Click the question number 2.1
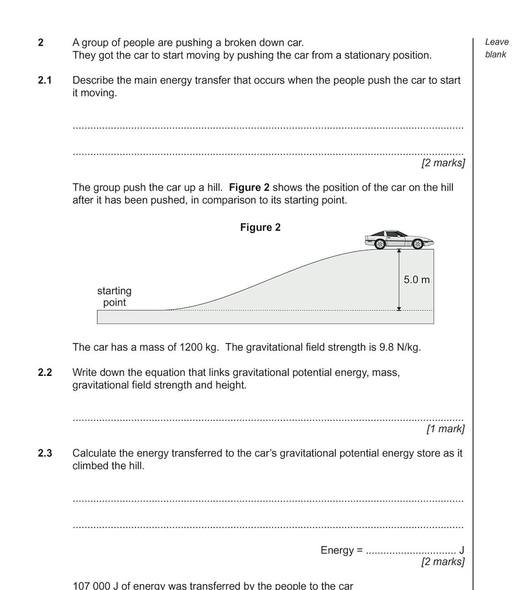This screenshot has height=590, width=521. pyautogui.click(x=45, y=80)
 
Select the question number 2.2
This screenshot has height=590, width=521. pyautogui.click(x=45, y=373)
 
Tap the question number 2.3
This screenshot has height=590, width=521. pyautogui.click(x=45, y=454)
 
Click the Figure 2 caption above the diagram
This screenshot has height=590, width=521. pyautogui.click(x=260, y=228)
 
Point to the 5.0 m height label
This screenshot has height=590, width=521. pyautogui.click(x=416, y=280)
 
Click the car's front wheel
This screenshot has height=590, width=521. pyautogui.click(x=417, y=244)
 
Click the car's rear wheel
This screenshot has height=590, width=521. pyautogui.click(x=379, y=244)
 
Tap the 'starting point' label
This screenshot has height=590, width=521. pyautogui.click(x=114, y=297)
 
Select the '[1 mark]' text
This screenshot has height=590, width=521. pyautogui.click(x=445, y=429)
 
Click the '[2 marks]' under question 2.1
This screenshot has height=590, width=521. pyautogui.click(x=443, y=163)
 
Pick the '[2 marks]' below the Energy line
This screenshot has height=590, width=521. pyautogui.click(x=443, y=562)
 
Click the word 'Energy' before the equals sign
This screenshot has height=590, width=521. pyautogui.click(x=337, y=550)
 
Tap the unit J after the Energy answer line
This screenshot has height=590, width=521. pyautogui.click(x=462, y=550)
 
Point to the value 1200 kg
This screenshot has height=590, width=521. pyautogui.click(x=198, y=348)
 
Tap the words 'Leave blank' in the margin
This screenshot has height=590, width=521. pyautogui.click(x=496, y=48)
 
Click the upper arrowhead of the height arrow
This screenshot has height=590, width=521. pyautogui.click(x=399, y=251)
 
